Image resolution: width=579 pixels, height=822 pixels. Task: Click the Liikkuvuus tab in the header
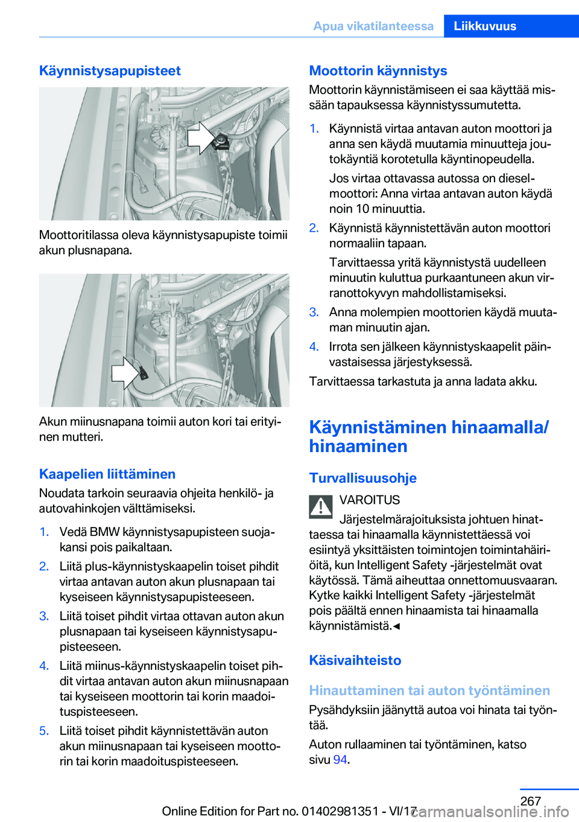tap(485, 26)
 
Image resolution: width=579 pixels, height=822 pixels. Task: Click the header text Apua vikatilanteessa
tap(373, 26)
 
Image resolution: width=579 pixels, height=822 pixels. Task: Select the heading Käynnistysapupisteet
tap(110, 71)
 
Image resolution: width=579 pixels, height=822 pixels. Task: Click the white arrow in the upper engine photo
tap(200, 138)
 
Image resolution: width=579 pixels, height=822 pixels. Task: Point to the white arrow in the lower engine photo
tap(125, 372)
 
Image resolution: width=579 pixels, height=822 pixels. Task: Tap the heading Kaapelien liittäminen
tap(107, 474)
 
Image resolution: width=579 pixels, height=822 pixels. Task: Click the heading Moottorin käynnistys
tap(378, 71)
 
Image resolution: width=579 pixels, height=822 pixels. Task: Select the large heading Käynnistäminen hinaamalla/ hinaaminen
tap(428, 436)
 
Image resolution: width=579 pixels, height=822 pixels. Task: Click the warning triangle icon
tap(321, 506)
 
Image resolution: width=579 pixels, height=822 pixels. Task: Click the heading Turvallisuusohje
tap(362, 478)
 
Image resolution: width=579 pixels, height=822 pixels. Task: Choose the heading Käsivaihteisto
tap(355, 660)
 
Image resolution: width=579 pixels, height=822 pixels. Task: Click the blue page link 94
tap(340, 759)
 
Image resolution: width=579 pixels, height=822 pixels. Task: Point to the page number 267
tap(530, 801)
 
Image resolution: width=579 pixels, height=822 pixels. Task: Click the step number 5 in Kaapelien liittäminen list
tap(44, 731)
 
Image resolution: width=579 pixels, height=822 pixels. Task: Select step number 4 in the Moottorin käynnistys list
tap(314, 346)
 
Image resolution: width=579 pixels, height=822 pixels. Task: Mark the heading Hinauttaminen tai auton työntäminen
tap(429, 690)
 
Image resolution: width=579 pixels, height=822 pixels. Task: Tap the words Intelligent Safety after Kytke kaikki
tap(416, 595)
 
